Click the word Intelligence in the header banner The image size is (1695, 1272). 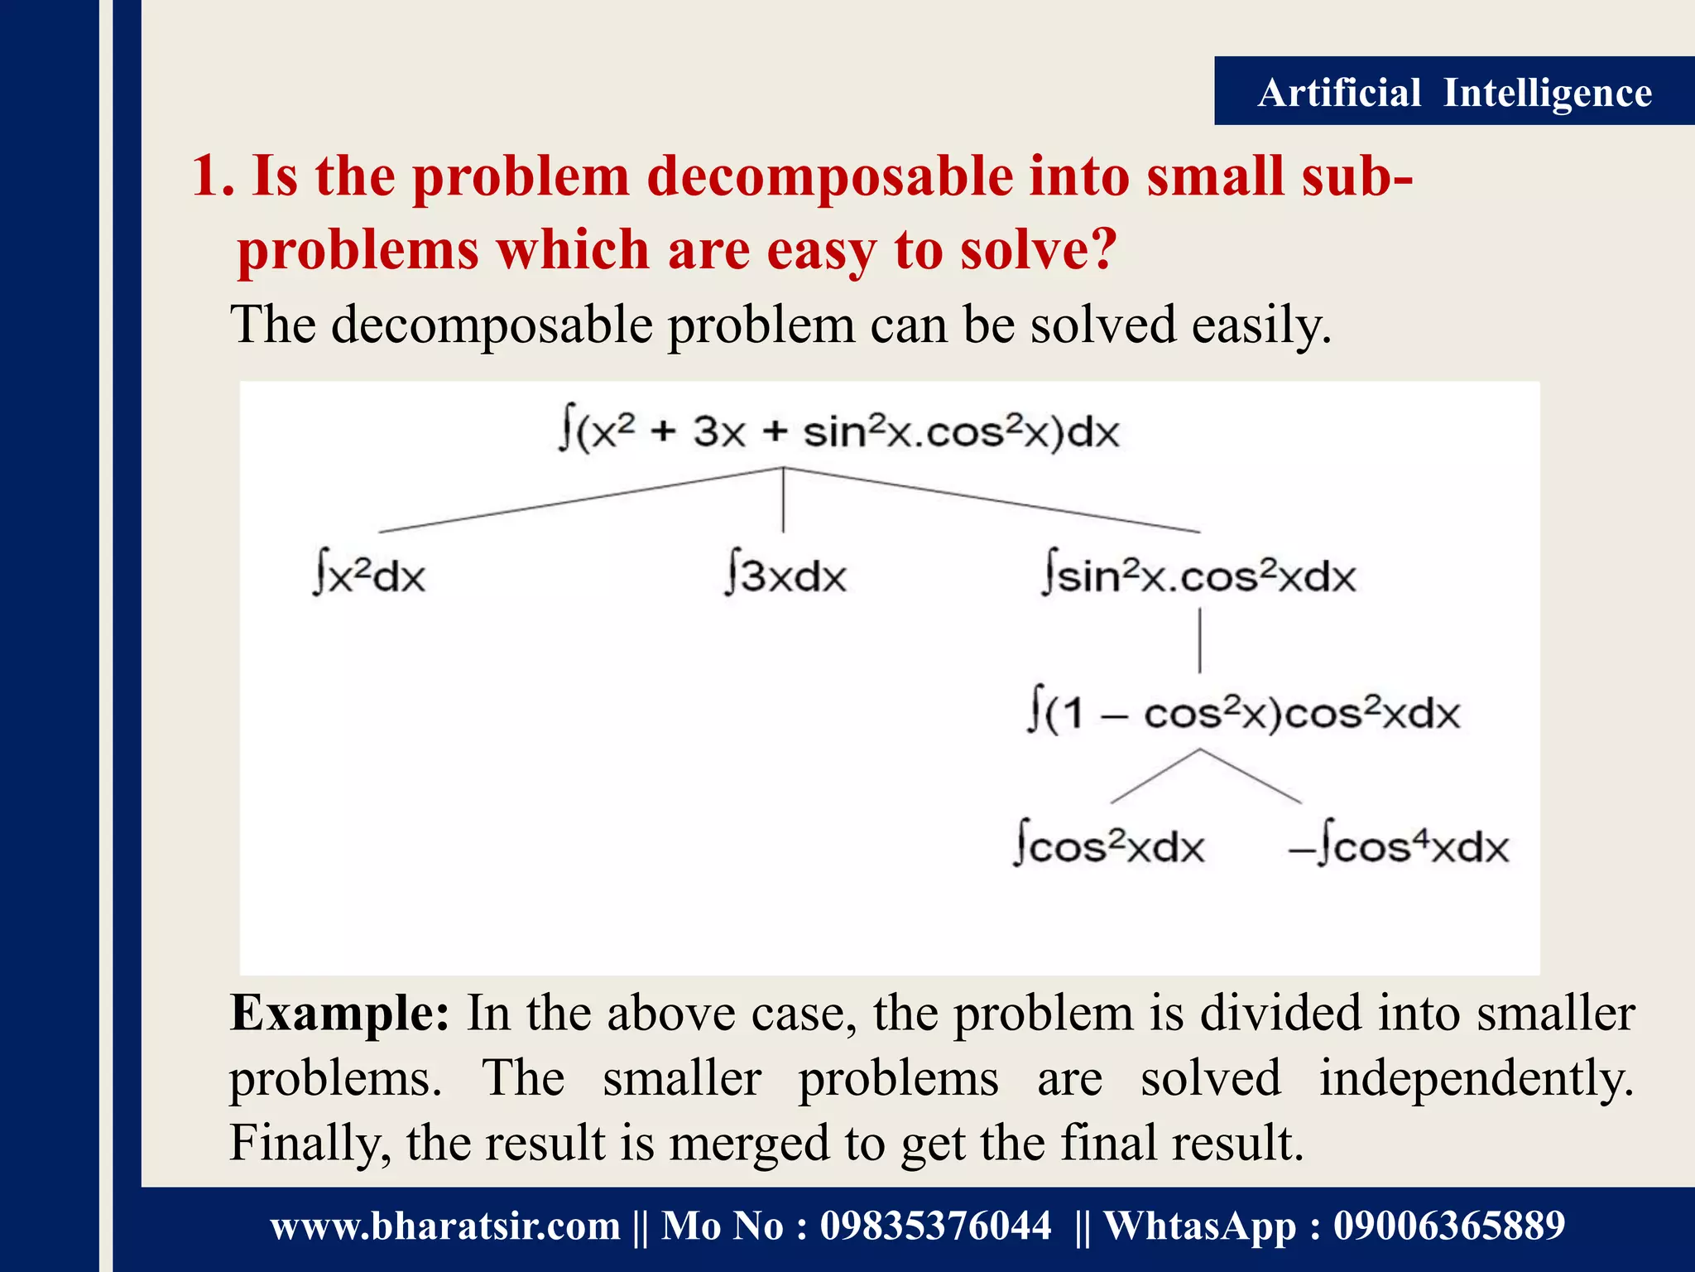coord(1547,93)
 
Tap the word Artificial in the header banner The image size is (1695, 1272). coord(1339,93)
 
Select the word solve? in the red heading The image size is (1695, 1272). coord(1039,250)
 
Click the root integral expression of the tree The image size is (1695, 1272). coord(838,431)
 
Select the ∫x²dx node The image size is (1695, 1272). coord(369,575)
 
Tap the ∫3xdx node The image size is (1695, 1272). coord(785,575)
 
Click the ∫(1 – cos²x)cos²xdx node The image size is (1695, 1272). coord(1243,713)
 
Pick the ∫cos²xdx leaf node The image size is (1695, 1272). coord(1109,846)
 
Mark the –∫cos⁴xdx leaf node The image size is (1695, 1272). coord(1399,846)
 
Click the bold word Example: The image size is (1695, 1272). coord(339,1013)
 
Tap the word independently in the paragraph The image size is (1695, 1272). coord(1476,1078)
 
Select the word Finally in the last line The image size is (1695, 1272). coord(305,1144)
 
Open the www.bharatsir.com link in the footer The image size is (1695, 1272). coord(445,1226)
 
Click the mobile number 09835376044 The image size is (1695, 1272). coord(935,1226)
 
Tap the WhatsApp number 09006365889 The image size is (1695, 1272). coord(1448,1226)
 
